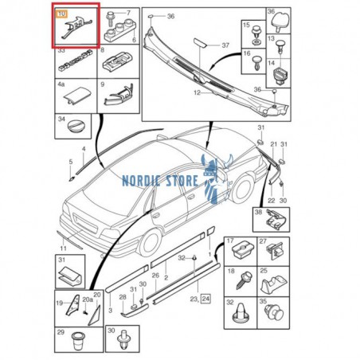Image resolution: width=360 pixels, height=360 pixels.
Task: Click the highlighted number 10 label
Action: tap(61, 14)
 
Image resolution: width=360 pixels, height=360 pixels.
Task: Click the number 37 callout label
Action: tap(225, 45)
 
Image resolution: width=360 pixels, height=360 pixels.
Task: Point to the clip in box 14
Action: tap(280, 76)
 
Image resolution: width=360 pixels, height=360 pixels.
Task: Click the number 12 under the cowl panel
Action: tap(198, 93)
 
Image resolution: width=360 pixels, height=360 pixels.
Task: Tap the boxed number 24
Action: tap(205, 299)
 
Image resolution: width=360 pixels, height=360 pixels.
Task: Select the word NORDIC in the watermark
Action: tap(141, 181)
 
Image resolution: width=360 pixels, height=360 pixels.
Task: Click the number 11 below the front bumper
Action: tap(63, 248)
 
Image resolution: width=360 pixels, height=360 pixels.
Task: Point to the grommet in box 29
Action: tap(78, 342)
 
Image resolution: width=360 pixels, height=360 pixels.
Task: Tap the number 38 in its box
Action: tap(258, 212)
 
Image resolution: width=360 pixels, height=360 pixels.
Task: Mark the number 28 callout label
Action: tap(123, 297)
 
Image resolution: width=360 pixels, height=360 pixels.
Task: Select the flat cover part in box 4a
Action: tap(76, 98)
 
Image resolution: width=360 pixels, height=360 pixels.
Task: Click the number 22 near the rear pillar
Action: tap(271, 201)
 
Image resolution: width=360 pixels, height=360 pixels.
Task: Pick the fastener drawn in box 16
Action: tap(257, 64)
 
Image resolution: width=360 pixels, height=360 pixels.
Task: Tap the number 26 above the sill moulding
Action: tap(155, 276)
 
